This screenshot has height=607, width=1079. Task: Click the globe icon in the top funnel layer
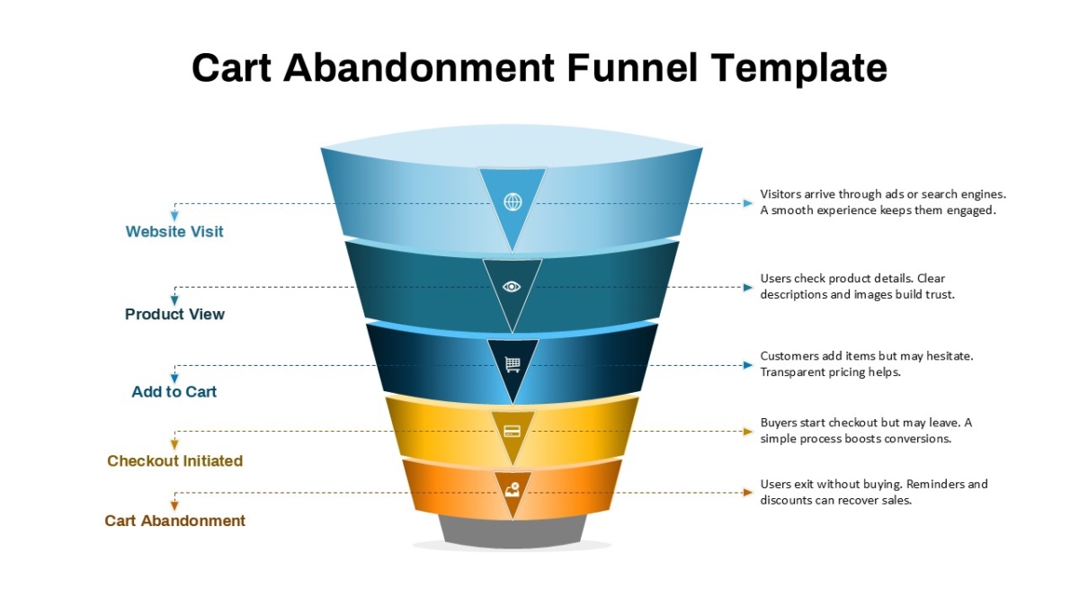click(x=513, y=201)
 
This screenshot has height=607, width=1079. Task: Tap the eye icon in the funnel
click(x=512, y=287)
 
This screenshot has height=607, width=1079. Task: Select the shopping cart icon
click(x=513, y=364)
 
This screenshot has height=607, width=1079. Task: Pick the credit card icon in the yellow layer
click(x=512, y=431)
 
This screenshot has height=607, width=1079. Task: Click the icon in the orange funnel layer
click(x=513, y=490)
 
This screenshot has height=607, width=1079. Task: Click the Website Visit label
click(x=174, y=232)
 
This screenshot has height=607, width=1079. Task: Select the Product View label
click(x=174, y=314)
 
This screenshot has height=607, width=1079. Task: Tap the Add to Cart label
click(x=174, y=392)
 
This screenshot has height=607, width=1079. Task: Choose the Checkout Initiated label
click(x=174, y=461)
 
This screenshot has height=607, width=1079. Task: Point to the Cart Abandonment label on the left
click(x=174, y=521)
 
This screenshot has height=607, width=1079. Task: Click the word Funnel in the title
click(x=632, y=68)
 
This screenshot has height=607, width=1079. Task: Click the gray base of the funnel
click(x=513, y=532)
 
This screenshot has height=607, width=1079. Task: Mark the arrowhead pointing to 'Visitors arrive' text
click(x=747, y=203)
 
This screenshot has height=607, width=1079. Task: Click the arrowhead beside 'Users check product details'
click(x=747, y=288)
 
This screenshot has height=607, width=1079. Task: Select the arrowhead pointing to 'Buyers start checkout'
click(x=747, y=432)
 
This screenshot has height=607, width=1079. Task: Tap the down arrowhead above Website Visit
click(x=174, y=217)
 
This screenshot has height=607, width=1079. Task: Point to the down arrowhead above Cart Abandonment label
click(x=174, y=505)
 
